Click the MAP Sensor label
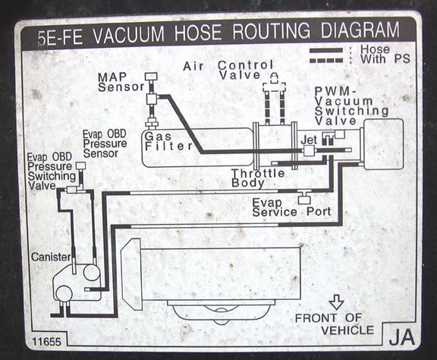point(121,82)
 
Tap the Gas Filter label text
point(168,141)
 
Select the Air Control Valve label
point(228,70)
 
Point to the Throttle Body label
point(258,178)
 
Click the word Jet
point(309,140)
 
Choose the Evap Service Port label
point(291,207)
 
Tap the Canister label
point(51,257)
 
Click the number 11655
point(46,342)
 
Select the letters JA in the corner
point(401,337)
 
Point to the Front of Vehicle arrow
point(336,302)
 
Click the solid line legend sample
point(326,51)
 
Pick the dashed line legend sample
point(326,60)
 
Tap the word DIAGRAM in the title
point(360,30)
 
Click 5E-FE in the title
point(60,37)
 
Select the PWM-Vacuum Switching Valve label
point(351,106)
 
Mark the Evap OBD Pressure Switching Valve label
point(52,172)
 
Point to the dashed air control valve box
point(274,87)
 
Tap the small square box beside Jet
point(309,150)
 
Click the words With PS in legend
point(385,59)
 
